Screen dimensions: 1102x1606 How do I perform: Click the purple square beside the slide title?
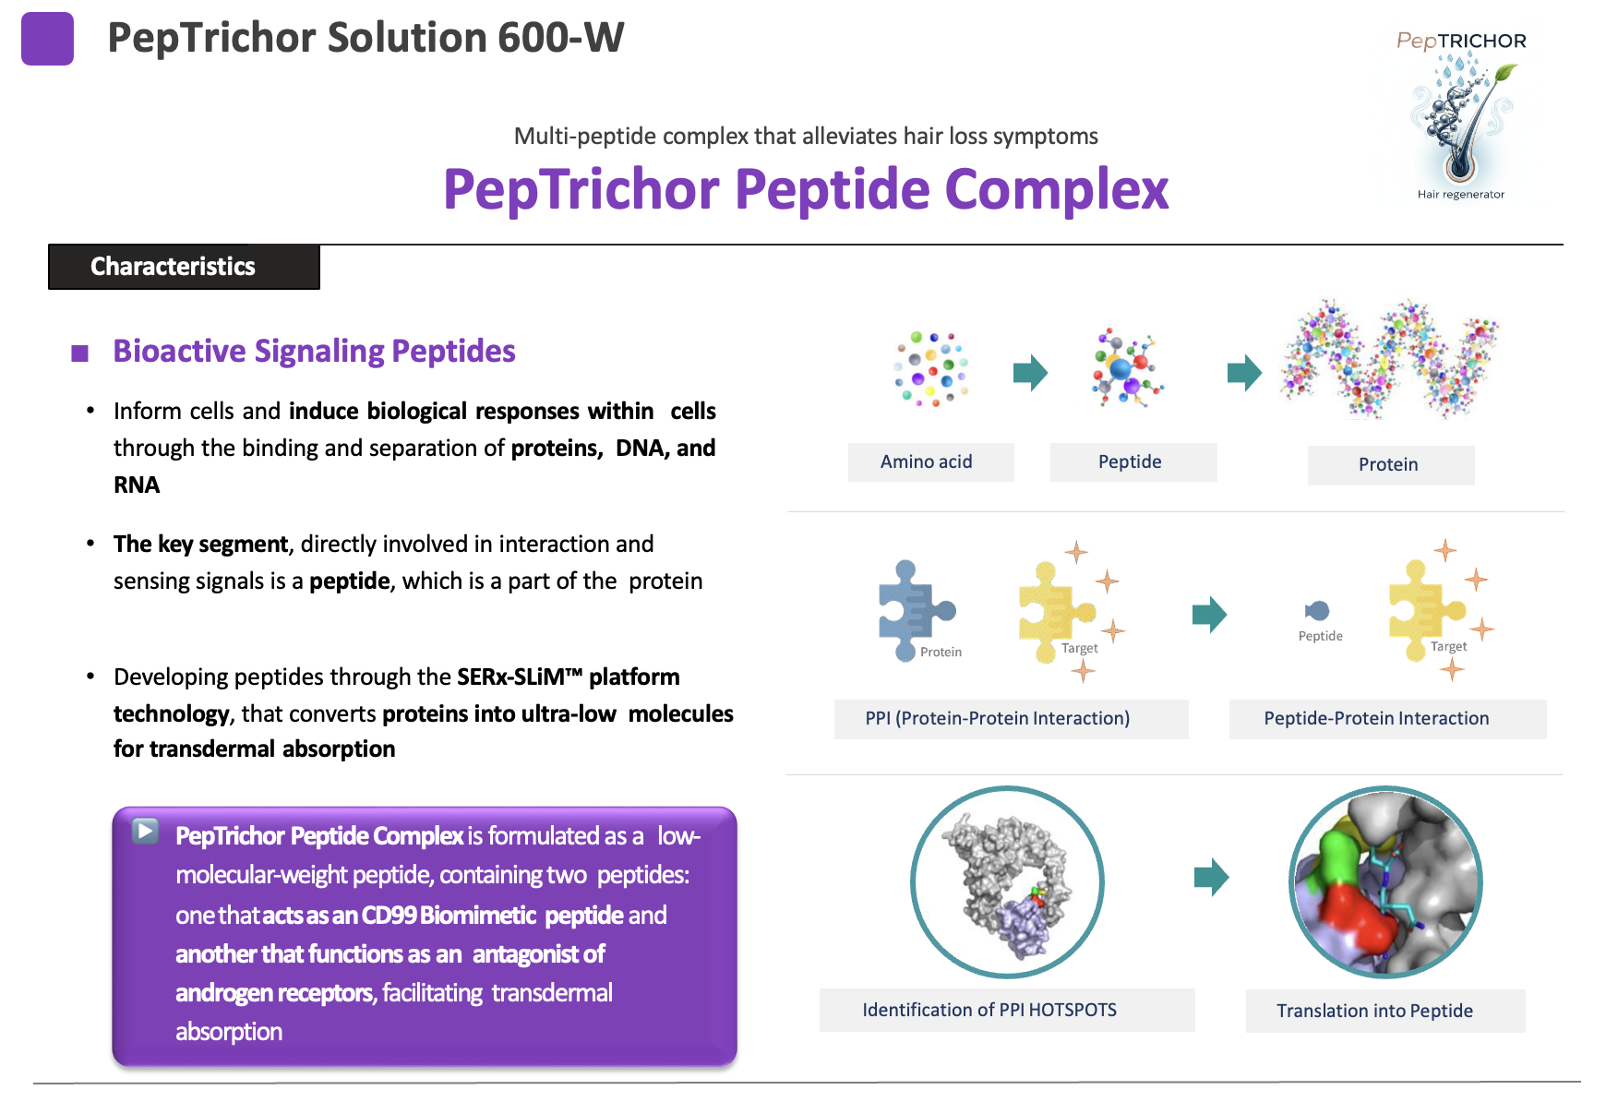coord(47,39)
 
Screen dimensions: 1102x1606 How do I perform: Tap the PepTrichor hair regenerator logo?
coord(1461,116)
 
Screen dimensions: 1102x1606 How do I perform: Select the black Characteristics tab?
coord(184,267)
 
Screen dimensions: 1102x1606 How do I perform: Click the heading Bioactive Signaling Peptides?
coord(314,352)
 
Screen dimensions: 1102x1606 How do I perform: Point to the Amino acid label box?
coord(930,462)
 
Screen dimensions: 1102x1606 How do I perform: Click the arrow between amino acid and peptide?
coord(1030,373)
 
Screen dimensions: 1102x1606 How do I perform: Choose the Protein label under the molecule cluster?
coord(1390,465)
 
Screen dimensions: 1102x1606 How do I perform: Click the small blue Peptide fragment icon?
coord(1317,611)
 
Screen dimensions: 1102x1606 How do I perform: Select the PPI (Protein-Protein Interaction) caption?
coord(1011,719)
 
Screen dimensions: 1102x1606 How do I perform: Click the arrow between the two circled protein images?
coord(1211,877)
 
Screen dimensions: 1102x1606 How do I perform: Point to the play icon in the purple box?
coord(145,831)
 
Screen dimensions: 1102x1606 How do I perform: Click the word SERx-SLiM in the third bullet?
coord(510,677)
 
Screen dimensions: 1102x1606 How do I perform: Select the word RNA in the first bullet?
coord(137,485)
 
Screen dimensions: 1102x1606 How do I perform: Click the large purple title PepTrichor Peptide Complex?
coord(806,190)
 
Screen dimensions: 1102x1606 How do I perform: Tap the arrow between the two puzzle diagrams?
coord(1209,614)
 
